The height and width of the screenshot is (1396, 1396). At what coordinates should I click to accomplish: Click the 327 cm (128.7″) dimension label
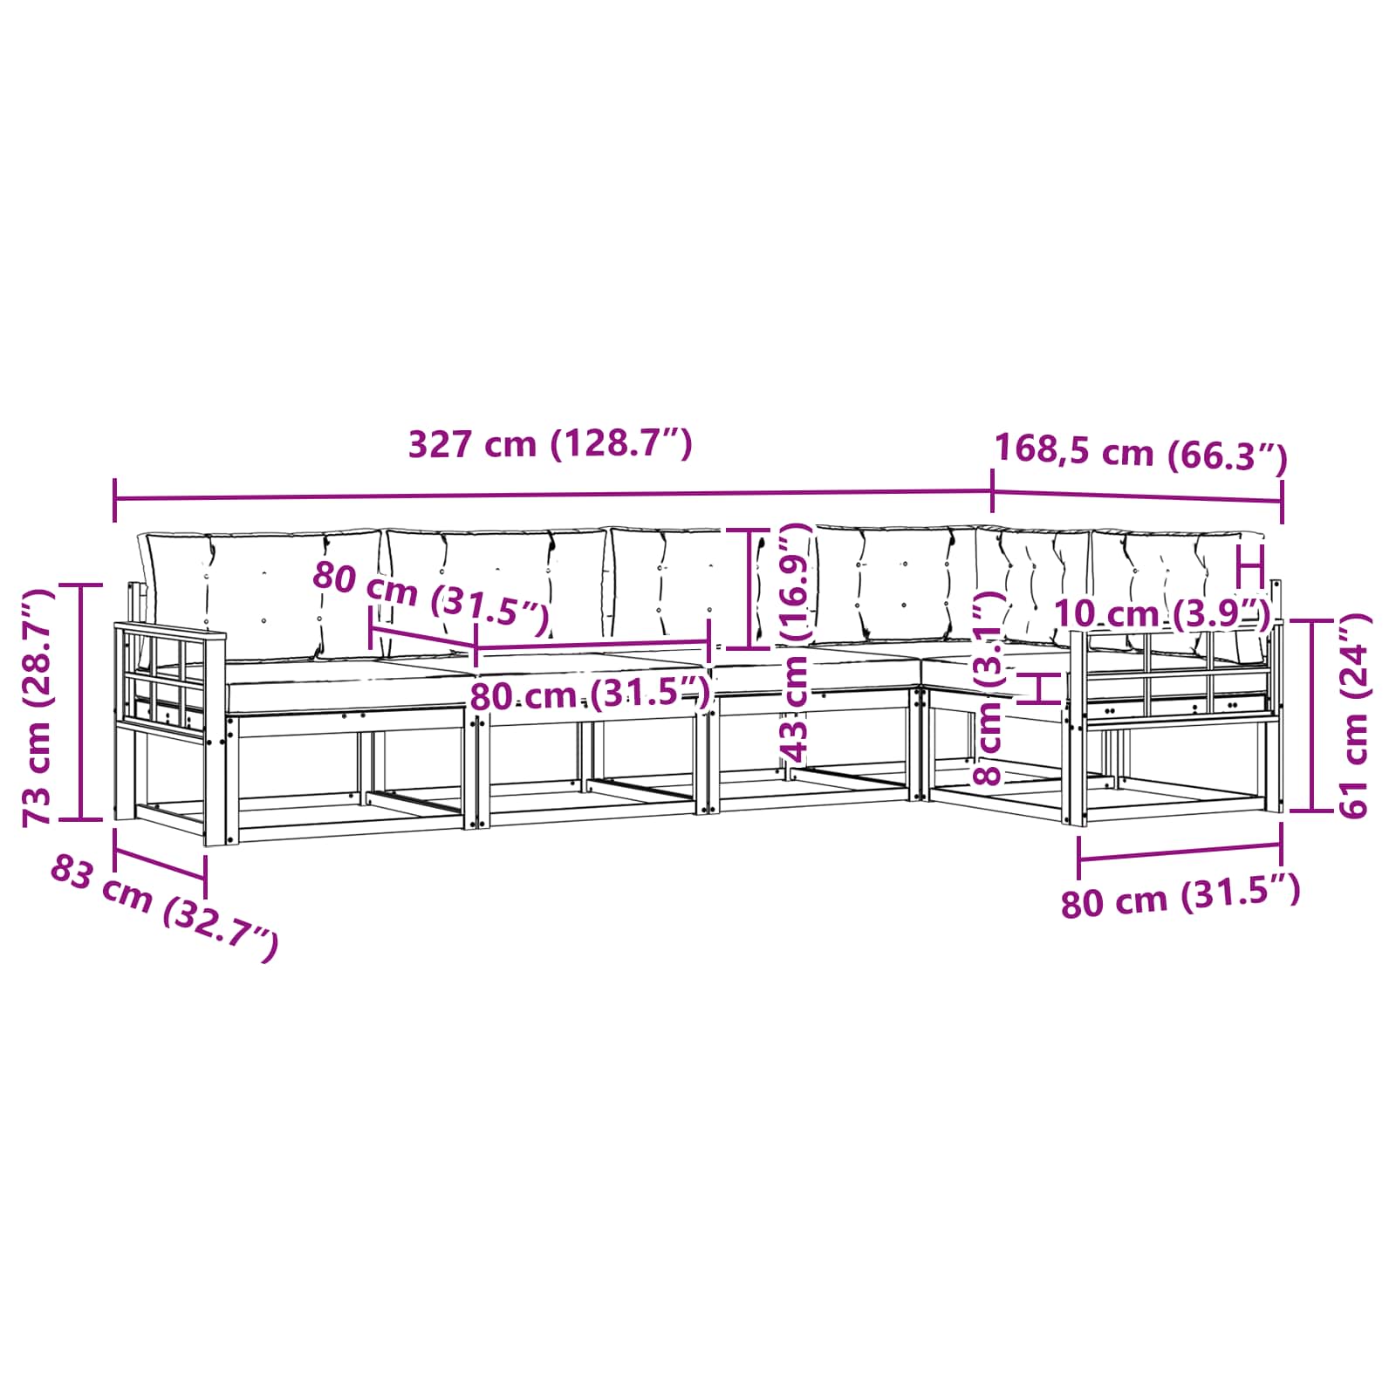[x=551, y=444]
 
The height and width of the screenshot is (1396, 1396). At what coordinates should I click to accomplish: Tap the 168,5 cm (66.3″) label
[x=1141, y=453]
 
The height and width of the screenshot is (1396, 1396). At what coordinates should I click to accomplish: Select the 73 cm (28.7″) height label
[x=38, y=707]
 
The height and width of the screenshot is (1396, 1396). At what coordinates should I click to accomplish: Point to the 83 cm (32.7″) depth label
[x=164, y=907]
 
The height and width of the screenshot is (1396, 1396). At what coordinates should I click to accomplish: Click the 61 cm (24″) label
[x=1353, y=715]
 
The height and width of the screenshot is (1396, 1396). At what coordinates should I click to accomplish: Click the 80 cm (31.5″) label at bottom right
[x=1180, y=897]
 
